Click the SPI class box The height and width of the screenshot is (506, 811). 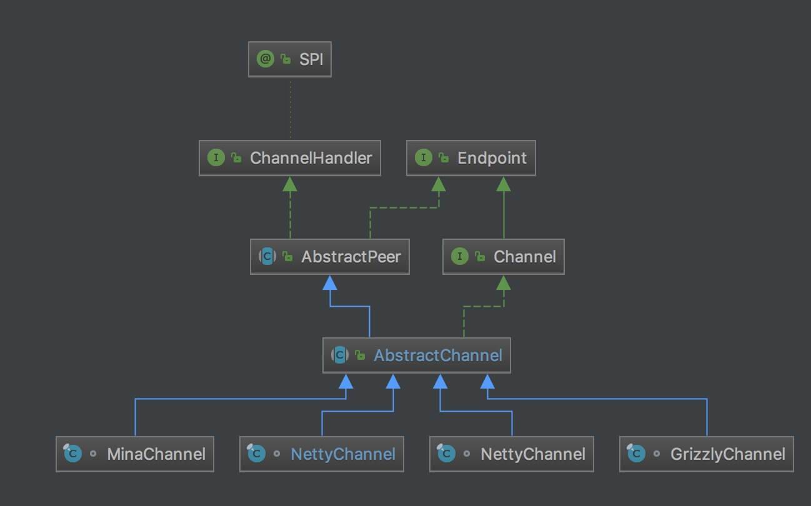point(290,59)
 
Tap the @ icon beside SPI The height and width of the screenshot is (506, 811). point(265,59)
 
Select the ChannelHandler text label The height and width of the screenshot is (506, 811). point(311,158)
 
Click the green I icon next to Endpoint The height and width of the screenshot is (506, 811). point(423,158)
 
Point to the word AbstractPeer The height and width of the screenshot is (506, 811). point(351,256)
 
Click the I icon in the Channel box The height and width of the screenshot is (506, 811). point(459,256)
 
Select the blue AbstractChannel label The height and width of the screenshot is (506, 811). point(437,355)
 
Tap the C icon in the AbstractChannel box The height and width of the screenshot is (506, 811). point(339,355)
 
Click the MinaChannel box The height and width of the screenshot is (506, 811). point(135,454)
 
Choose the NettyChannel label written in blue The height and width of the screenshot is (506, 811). point(342,454)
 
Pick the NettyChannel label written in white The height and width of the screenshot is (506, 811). point(532,454)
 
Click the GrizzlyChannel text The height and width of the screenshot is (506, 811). point(727,454)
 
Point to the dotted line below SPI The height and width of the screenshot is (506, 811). point(290,109)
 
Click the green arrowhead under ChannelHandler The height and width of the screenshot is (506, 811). point(290,183)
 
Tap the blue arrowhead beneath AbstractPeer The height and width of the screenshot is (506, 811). point(330,282)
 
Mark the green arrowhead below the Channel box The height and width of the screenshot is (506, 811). point(504,282)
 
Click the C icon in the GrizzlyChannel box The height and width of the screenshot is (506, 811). point(636,454)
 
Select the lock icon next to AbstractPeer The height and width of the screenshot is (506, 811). point(287,256)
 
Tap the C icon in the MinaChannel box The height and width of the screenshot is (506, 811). point(72,454)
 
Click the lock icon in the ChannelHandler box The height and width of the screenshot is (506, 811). point(236,158)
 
